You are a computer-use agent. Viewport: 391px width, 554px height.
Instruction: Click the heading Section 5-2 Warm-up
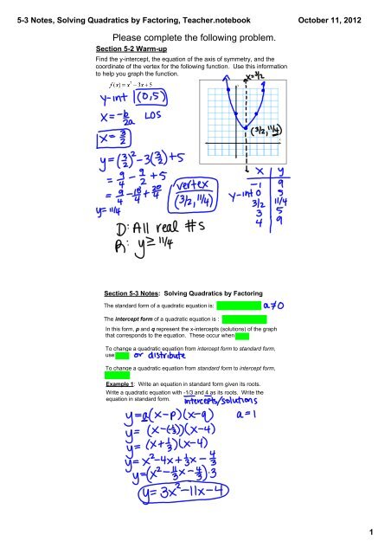(x=130, y=49)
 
